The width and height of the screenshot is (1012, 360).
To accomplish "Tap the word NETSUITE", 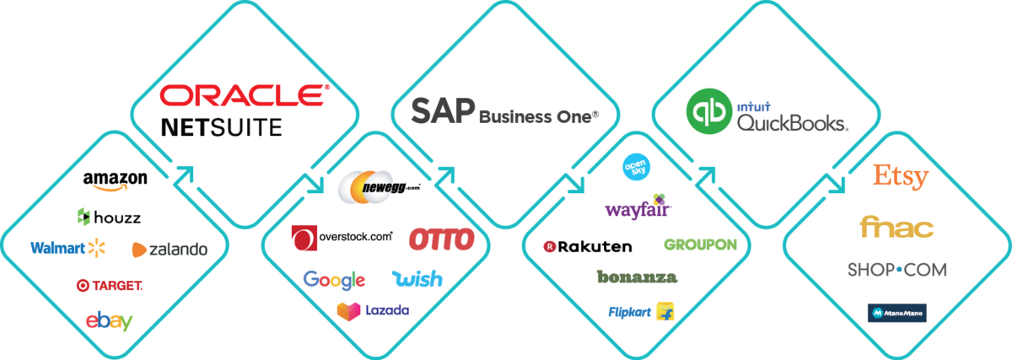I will (221, 128).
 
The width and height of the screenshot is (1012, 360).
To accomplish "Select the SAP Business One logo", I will (503, 113).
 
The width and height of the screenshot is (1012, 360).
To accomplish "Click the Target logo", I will (109, 286).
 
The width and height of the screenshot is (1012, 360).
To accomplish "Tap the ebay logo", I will (110, 320).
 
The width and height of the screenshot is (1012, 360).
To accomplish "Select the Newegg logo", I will (364, 187).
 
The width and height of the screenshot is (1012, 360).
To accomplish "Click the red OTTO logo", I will (441, 239).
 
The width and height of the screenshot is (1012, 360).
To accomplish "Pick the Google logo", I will (334, 279).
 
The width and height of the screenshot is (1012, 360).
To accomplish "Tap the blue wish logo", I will (417, 279).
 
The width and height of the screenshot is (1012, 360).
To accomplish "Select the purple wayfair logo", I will (638, 207).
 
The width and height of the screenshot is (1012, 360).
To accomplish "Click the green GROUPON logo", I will (700, 244).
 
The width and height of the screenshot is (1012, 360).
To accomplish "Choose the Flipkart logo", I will (641, 312).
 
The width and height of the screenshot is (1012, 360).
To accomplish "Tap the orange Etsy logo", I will (901, 177).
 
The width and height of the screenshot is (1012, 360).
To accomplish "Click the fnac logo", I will (896, 227).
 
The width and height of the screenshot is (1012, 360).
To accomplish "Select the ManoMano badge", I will (896, 313).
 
